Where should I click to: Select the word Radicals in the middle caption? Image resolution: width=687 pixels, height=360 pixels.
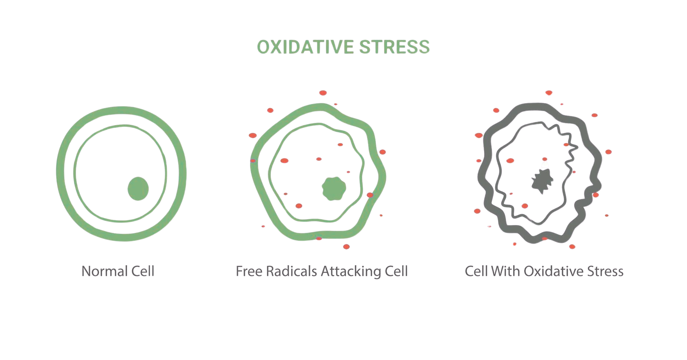(292, 272)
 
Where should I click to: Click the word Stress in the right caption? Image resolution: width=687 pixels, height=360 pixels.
(605, 272)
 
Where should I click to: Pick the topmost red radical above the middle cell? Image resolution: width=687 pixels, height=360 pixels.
(323, 93)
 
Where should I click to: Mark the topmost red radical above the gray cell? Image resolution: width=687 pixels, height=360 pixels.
(549, 93)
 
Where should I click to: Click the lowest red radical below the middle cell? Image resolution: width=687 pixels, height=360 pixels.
(346, 246)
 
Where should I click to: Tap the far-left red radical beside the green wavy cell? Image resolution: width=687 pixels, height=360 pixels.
(252, 136)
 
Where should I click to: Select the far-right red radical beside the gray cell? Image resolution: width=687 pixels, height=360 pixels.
(608, 152)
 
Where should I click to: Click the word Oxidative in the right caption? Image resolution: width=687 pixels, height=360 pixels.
(550, 272)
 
